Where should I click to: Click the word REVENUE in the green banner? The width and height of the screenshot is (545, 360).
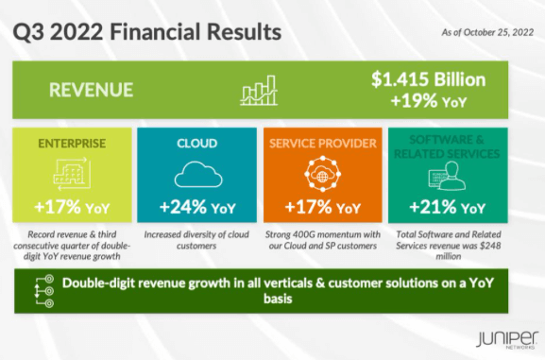tap(93, 91)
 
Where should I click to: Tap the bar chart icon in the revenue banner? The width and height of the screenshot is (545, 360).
tap(260, 91)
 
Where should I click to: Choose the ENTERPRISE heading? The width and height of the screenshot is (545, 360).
tap(71, 144)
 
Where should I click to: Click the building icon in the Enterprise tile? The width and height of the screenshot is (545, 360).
tap(71, 174)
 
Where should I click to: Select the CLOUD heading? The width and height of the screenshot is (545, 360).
tap(197, 144)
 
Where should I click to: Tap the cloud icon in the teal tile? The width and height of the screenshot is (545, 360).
tap(197, 175)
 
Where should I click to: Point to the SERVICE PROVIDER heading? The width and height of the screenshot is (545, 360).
tap(323, 144)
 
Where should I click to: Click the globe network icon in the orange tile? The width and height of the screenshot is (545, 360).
tap(323, 175)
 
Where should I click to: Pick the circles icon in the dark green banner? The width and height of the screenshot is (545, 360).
tap(39, 290)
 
